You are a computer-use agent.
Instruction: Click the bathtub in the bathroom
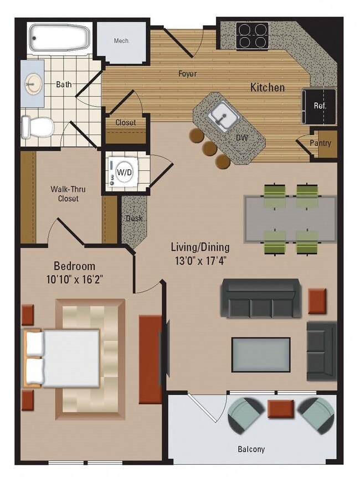coord(59,38)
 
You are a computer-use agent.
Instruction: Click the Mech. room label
coord(121,41)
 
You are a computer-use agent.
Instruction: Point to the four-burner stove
coord(252,35)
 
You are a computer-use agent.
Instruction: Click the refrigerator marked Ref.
coord(320,106)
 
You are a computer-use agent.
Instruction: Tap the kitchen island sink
coord(224,117)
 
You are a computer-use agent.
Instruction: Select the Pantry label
coord(321,143)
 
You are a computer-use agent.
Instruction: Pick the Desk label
coord(133,218)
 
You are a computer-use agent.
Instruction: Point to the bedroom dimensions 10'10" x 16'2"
coord(74,278)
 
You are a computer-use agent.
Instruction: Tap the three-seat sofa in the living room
coord(261,299)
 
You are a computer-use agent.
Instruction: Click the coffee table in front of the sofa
coord(260,355)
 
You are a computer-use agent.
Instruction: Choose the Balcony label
coord(251,449)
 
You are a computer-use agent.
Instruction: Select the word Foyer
coord(187,74)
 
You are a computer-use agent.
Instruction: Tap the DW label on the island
coord(241,137)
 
